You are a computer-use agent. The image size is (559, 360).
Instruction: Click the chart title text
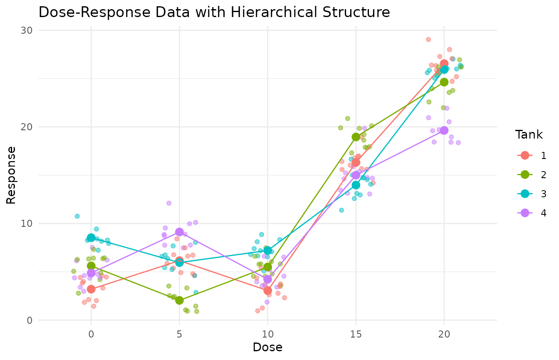214,12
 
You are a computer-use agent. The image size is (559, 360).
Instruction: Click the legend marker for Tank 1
525,156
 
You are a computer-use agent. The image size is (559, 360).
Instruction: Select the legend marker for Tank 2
525,175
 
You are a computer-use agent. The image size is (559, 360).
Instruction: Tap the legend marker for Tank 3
525,194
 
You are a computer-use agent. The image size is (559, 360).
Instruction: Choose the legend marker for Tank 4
525,213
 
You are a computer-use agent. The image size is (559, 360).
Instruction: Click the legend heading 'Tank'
529,135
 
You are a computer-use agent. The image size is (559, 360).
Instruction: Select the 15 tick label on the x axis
356,333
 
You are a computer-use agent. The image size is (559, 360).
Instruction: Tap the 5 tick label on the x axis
179,333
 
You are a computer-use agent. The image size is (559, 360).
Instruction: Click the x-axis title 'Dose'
267,347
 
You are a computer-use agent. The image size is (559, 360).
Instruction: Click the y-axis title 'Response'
12,175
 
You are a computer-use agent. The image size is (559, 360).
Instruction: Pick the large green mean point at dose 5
179,300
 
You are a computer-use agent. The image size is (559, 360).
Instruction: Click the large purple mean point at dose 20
444,130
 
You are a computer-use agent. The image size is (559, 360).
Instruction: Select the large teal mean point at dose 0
91,238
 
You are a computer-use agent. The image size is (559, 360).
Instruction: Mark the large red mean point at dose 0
91,289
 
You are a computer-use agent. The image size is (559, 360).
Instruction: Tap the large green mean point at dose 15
356,137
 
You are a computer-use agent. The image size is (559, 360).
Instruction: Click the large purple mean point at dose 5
179,232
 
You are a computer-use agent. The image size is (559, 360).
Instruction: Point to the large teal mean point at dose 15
356,185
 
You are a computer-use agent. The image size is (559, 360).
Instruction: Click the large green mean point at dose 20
444,82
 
